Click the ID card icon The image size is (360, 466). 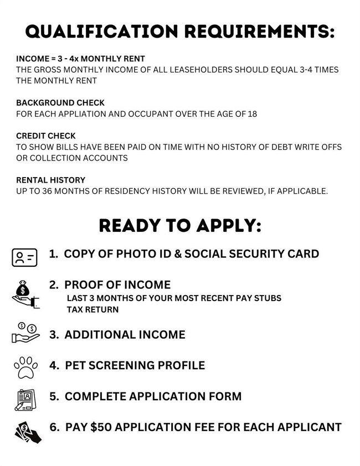tap(24, 257)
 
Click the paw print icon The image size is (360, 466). tap(25, 366)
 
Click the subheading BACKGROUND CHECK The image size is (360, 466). tap(60, 103)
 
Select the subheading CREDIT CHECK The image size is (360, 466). tap(46, 136)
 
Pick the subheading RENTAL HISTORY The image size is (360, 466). tap(51, 180)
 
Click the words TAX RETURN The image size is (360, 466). tap(92, 309)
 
